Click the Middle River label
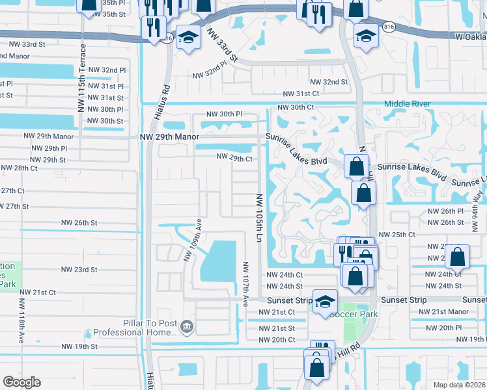[x=408, y=103]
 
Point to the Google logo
[x=21, y=382]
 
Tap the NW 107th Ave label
[x=245, y=284]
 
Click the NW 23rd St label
[x=79, y=269]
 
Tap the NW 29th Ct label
[x=234, y=158]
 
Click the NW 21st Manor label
[x=441, y=312]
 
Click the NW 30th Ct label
[x=296, y=107]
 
